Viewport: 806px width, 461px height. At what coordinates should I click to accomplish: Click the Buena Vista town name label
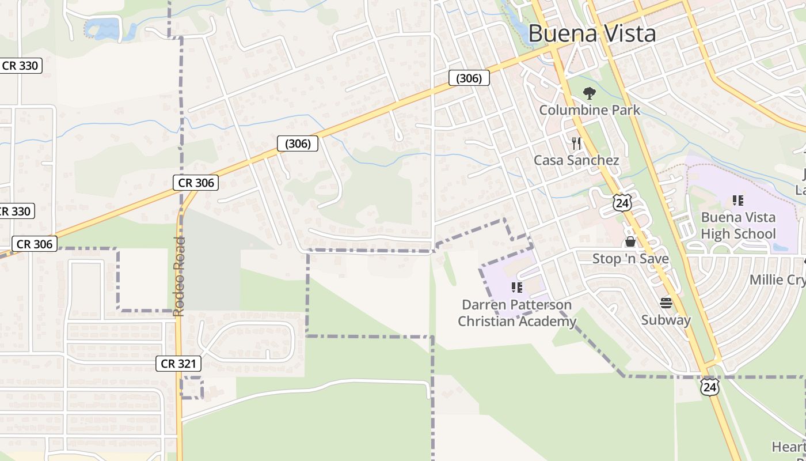592,33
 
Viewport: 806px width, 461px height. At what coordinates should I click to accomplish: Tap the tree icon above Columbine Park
589,93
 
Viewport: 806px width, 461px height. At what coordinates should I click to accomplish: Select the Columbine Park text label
590,109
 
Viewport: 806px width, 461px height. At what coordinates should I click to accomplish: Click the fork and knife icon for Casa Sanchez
576,143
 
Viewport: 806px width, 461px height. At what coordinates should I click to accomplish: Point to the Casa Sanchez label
576,160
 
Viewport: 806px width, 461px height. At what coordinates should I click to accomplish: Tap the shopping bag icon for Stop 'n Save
630,241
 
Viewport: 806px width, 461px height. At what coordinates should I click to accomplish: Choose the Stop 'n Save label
630,259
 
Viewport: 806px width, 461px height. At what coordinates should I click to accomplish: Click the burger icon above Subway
666,303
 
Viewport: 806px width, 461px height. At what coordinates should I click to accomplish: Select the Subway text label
666,320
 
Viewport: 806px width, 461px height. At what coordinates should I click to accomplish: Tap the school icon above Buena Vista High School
738,201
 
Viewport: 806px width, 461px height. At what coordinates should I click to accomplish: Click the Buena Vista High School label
738,225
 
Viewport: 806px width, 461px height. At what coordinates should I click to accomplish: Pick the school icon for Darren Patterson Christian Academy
517,287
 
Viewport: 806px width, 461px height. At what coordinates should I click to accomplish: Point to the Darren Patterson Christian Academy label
516,313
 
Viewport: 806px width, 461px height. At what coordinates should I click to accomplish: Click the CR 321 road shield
179,364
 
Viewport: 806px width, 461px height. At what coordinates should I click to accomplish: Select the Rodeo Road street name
179,277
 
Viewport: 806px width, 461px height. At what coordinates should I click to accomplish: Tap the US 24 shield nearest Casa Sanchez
622,202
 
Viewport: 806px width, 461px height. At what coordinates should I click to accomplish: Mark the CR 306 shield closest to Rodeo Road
196,183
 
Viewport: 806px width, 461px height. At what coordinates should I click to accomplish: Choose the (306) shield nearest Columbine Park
469,78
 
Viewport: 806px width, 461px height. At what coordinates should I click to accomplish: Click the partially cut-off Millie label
777,279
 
